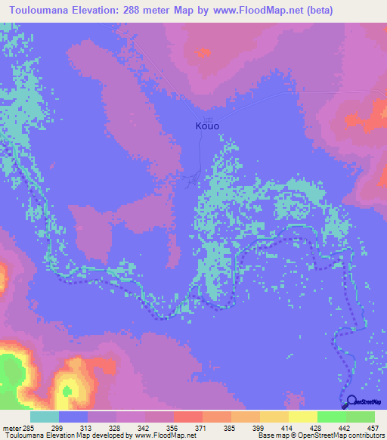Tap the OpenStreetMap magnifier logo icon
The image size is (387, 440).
click(x=351, y=403)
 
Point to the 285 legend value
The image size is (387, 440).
click(x=29, y=429)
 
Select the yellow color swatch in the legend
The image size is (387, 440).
click(x=302, y=417)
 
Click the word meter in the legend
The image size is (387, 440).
click(x=11, y=429)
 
